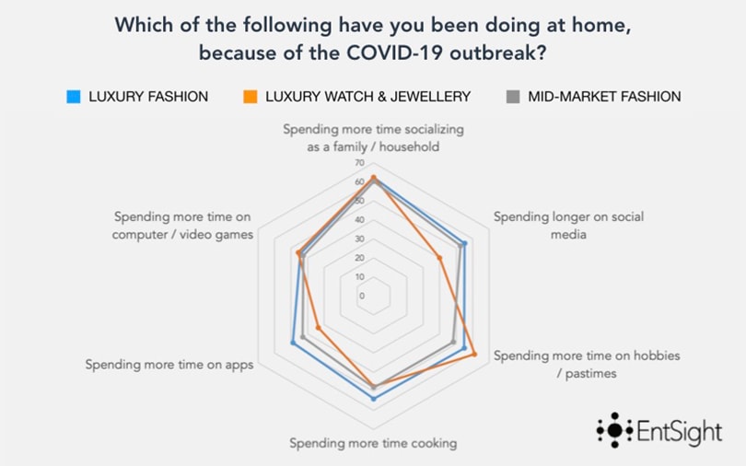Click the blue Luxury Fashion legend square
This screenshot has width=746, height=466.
[x=73, y=96]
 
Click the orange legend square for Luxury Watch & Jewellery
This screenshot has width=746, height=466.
[x=251, y=96]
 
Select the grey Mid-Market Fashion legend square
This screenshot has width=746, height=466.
[x=514, y=96]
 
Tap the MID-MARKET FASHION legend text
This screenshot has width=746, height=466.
[x=604, y=96]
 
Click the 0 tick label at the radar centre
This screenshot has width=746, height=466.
[x=361, y=296]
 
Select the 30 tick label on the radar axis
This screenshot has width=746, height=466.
[x=359, y=239]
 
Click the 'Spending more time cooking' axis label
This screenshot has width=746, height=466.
[x=373, y=443]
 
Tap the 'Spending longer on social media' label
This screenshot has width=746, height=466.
[x=567, y=226]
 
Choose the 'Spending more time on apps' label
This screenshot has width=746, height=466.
[x=169, y=364]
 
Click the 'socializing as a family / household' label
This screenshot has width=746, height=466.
[x=373, y=138]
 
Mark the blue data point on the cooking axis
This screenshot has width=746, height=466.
[x=373, y=399]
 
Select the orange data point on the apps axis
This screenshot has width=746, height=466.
[x=318, y=328]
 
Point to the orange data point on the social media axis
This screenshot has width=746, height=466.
[x=439, y=257]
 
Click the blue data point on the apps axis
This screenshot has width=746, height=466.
[x=293, y=343]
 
